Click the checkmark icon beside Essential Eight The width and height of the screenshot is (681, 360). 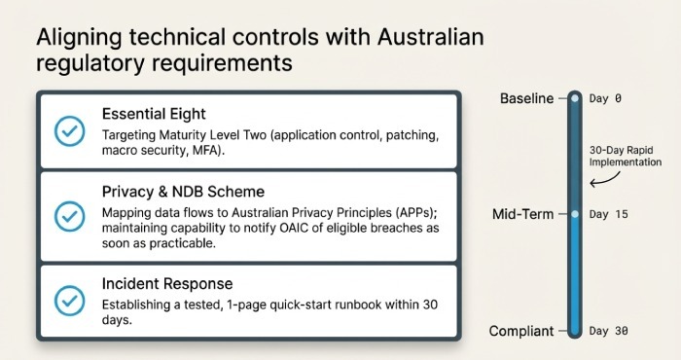point(69,130)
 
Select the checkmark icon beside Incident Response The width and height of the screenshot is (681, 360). point(69,300)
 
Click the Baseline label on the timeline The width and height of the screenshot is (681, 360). point(526,98)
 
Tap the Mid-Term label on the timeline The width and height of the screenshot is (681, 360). point(526,213)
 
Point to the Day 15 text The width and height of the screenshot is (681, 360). point(610,213)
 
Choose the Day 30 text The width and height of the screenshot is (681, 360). point(610,331)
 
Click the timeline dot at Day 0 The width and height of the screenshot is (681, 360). point(575,98)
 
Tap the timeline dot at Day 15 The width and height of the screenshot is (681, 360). point(575,213)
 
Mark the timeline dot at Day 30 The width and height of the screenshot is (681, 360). point(575,331)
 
